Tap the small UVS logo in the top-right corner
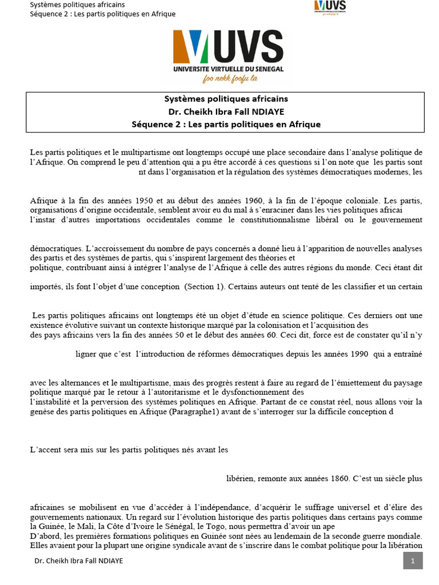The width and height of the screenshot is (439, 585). (x=330, y=7)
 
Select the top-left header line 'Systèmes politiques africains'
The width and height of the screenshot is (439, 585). (x=77, y=5)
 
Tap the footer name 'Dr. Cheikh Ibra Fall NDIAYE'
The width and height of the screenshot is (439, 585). (x=79, y=561)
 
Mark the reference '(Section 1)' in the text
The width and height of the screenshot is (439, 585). (x=204, y=287)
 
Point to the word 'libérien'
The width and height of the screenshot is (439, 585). (x=241, y=479)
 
